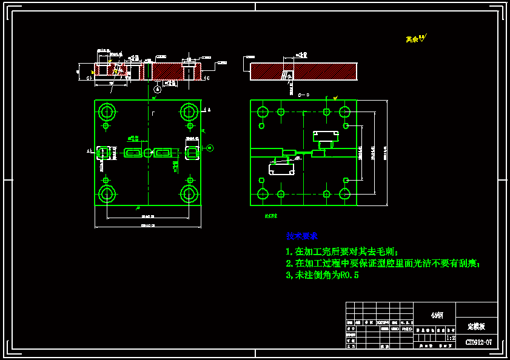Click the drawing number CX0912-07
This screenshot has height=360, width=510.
coord(478,342)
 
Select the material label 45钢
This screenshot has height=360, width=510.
coord(437,315)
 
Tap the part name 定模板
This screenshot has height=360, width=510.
coord(476,326)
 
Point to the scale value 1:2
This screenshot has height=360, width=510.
coord(451,338)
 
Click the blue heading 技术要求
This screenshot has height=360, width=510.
coord(302,236)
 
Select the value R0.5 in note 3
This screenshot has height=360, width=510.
coord(349,275)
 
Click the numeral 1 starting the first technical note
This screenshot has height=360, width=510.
coord(289,252)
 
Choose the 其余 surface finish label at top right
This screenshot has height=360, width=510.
coord(413,39)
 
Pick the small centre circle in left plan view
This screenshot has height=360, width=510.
coord(148,153)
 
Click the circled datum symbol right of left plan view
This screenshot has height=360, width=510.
coord(210,148)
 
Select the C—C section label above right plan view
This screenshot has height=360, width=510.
coord(304,95)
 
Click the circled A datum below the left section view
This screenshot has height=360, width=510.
coord(157,88)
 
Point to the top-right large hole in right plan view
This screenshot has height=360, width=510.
coord(344,112)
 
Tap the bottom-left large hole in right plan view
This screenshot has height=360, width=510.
coord(263,194)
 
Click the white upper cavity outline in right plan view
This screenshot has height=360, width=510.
coord(326,136)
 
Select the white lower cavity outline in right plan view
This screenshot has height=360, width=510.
coord(281,169)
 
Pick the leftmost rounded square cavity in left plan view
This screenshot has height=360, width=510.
coord(104,153)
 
